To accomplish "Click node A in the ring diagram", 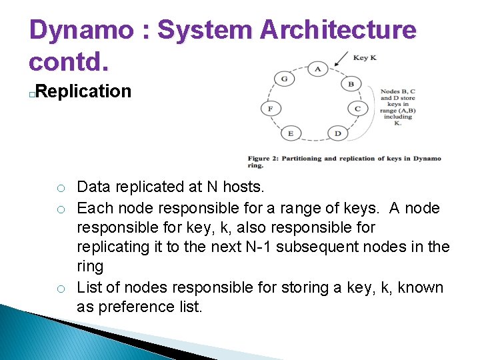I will click(x=317, y=69).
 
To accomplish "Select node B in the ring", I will click(x=351, y=84).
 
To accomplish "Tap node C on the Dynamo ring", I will click(x=357, y=108).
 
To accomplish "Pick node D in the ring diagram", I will click(x=337, y=133).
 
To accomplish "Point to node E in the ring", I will click(x=291, y=133).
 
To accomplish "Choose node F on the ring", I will click(x=270, y=108).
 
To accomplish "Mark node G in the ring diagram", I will click(x=284, y=79).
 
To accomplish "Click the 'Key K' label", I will click(x=365, y=57).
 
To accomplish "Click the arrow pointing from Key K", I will click(x=341, y=62).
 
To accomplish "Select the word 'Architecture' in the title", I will click(x=338, y=30).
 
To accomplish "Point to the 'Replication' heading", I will click(x=84, y=91).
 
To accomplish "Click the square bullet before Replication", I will click(x=32, y=94).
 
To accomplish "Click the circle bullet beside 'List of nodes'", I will click(x=60, y=289).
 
